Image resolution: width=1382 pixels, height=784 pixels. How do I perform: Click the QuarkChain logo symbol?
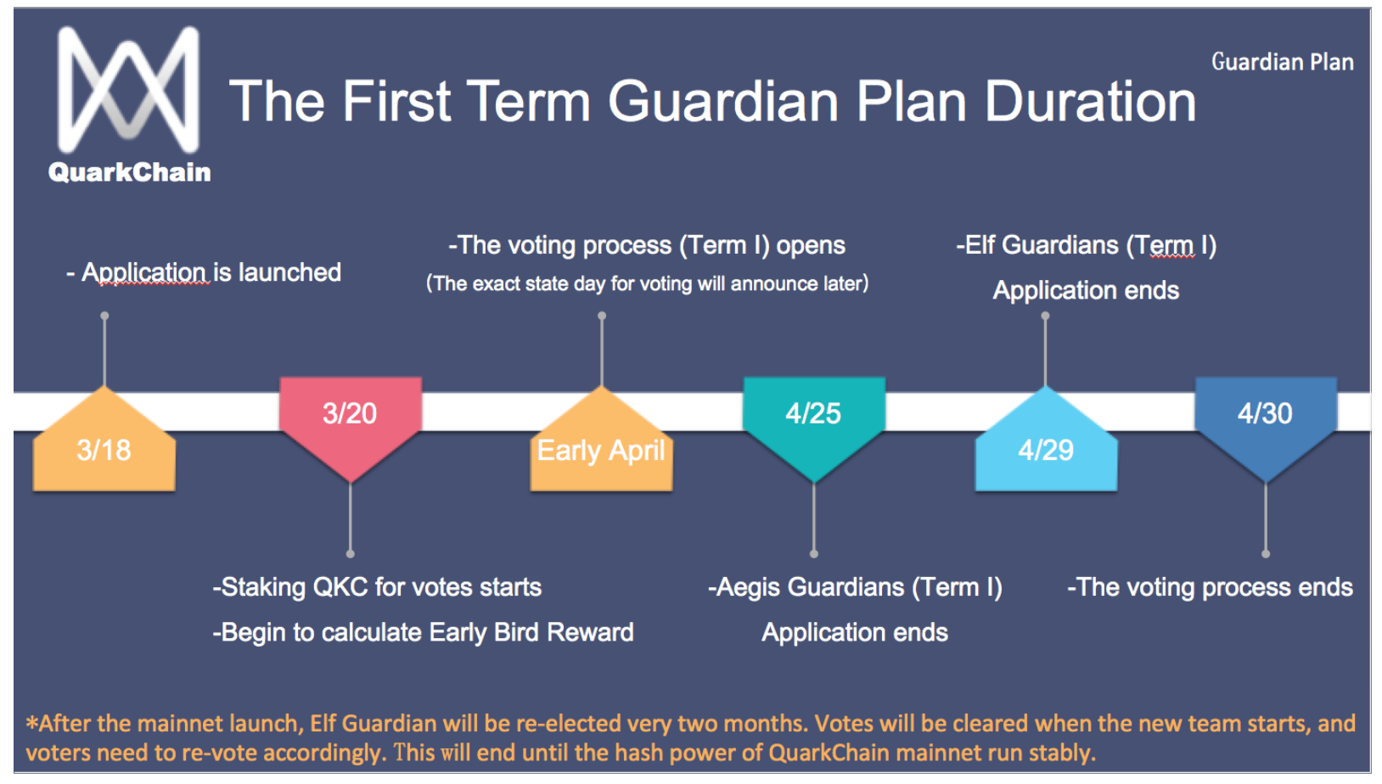tap(127, 89)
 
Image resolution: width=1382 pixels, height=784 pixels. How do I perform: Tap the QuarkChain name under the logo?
tap(130, 172)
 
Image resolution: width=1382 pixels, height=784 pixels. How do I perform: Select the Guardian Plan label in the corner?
tap(1283, 62)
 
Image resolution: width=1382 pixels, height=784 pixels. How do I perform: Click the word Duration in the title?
tap(1090, 101)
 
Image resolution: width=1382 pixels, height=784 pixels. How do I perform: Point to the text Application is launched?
tap(211, 272)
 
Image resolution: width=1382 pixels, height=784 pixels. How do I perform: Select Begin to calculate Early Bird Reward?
tap(424, 632)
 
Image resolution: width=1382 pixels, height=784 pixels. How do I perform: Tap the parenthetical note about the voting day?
tap(647, 283)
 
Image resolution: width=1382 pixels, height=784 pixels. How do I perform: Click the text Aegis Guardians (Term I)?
tap(855, 587)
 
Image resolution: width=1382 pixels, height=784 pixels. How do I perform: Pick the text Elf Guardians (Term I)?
tap(1087, 245)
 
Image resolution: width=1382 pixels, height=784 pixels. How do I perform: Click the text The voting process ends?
tap(1211, 587)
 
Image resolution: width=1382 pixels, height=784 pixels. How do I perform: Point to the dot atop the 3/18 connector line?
tap(105, 316)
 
